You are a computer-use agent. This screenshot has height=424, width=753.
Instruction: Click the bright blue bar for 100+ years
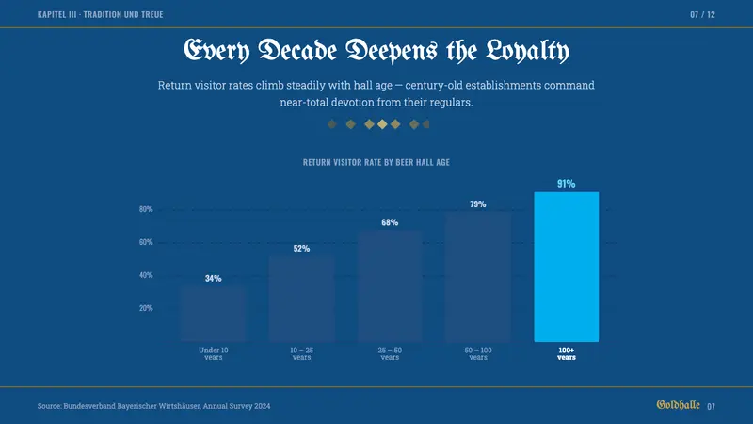567,267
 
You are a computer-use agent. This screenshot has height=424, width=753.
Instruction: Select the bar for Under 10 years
214,314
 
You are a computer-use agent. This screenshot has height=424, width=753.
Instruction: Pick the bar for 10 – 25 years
301,299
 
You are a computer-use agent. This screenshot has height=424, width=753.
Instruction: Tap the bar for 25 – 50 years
390,286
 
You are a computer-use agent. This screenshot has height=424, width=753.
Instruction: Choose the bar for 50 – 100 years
478,277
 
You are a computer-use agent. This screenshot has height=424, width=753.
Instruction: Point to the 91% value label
567,184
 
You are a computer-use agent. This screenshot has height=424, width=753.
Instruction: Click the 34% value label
214,278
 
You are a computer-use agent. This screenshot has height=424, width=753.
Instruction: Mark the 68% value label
390,222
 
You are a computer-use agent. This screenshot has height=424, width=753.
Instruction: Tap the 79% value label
478,204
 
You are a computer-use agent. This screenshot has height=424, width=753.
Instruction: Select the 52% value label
301,249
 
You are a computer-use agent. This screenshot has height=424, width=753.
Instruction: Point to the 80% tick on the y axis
146,209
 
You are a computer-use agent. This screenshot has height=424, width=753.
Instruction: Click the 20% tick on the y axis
146,308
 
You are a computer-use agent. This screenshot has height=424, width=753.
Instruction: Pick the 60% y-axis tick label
146,242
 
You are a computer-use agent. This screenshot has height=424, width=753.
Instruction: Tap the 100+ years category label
567,354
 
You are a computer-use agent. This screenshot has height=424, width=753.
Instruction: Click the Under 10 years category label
214,354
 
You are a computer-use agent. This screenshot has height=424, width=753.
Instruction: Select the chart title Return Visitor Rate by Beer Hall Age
376,162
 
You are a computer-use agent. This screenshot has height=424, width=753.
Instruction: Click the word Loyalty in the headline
527,51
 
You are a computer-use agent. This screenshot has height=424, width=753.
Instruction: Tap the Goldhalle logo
678,405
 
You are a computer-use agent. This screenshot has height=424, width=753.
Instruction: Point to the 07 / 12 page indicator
702,15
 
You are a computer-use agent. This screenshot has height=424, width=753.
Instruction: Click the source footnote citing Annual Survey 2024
153,406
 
